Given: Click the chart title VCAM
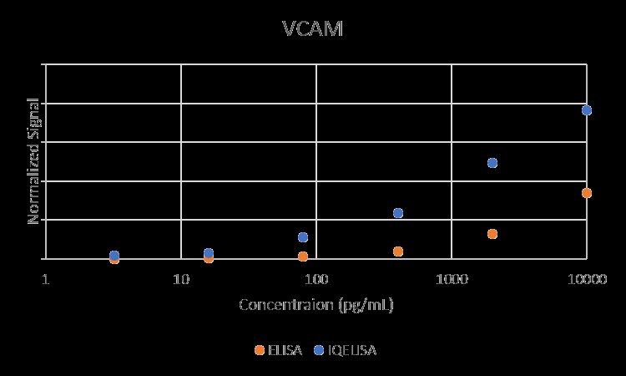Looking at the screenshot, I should click(x=312, y=29).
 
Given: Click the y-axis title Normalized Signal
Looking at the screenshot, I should click(x=33, y=160).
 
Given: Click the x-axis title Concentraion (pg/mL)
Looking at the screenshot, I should click(x=316, y=304).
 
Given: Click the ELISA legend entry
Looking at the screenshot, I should click(x=279, y=350).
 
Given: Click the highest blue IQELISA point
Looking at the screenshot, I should click(x=587, y=110).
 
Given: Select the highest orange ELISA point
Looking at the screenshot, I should click(x=587, y=193).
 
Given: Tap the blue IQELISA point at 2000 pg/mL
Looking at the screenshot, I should click(x=492, y=163).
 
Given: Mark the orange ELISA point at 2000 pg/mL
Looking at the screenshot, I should click(x=492, y=234).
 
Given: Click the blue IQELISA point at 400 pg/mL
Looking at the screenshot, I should click(x=398, y=213).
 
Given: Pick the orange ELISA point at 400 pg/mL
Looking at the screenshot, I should click(x=398, y=252).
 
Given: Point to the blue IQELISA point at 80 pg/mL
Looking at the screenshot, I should click(x=303, y=237).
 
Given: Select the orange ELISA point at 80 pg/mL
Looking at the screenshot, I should click(x=303, y=257).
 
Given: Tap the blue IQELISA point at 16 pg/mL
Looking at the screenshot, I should click(x=209, y=253).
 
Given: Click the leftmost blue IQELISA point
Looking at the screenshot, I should click(x=114, y=256).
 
